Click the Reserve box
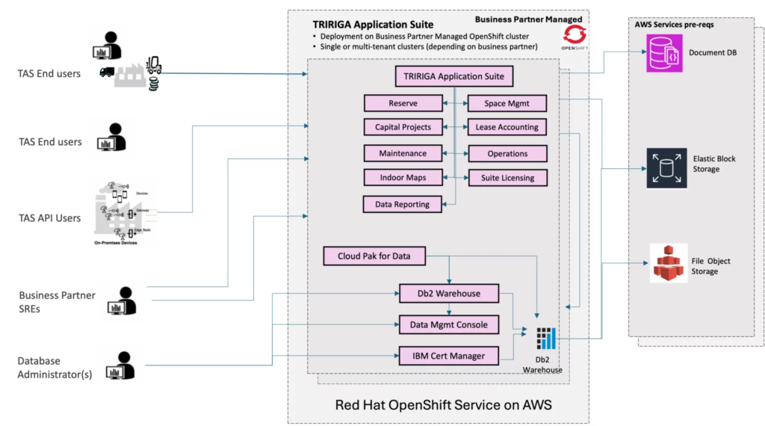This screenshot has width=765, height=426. pyautogui.click(x=403, y=103)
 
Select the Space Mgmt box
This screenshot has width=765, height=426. pyautogui.click(x=507, y=103)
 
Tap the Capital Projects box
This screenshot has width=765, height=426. pyautogui.click(x=403, y=127)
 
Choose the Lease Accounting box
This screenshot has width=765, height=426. pyautogui.click(x=507, y=127)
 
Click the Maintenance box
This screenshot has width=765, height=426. pyautogui.click(x=403, y=153)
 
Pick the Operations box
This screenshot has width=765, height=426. pyautogui.click(x=507, y=153)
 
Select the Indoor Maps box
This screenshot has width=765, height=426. pyautogui.click(x=403, y=178)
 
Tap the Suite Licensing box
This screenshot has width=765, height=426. pyautogui.click(x=507, y=178)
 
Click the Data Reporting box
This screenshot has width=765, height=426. pyautogui.click(x=402, y=203)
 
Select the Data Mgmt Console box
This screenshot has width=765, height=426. pyautogui.click(x=448, y=324)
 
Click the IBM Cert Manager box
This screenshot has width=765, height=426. pyautogui.click(x=448, y=355)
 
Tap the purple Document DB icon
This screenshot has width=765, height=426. pyautogui.click(x=665, y=55)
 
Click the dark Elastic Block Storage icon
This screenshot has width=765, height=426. pyautogui.click(x=666, y=168)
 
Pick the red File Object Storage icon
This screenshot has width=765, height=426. pyautogui.click(x=667, y=263)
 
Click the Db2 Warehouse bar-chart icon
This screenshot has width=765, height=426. pyautogui.click(x=547, y=336)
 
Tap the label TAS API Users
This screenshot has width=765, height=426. pyautogui.click(x=49, y=218)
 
